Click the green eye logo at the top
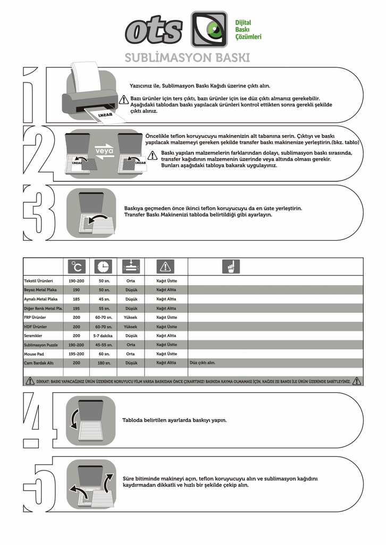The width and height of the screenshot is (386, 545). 209,29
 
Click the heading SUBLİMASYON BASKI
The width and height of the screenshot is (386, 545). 187,57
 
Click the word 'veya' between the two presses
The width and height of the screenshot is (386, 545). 104,151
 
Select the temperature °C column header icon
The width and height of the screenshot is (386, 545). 78,266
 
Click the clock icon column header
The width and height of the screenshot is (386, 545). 103,266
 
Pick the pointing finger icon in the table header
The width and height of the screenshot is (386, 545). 231,266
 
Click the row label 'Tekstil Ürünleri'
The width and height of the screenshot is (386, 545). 38,280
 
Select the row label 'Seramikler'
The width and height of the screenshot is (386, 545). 33,336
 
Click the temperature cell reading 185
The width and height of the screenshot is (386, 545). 77,299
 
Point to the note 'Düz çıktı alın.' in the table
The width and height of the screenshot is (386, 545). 203,362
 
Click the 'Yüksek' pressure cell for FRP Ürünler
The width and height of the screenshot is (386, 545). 130,317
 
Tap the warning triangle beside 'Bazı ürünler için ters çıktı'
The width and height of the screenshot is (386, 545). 123,99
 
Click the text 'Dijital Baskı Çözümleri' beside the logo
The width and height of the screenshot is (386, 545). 248,30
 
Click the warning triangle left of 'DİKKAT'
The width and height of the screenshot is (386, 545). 30,381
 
